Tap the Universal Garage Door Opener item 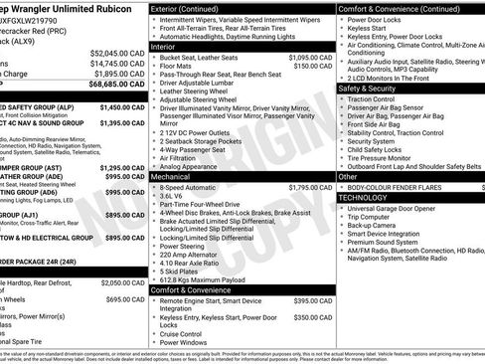point(393,208)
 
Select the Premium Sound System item point(383,242)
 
